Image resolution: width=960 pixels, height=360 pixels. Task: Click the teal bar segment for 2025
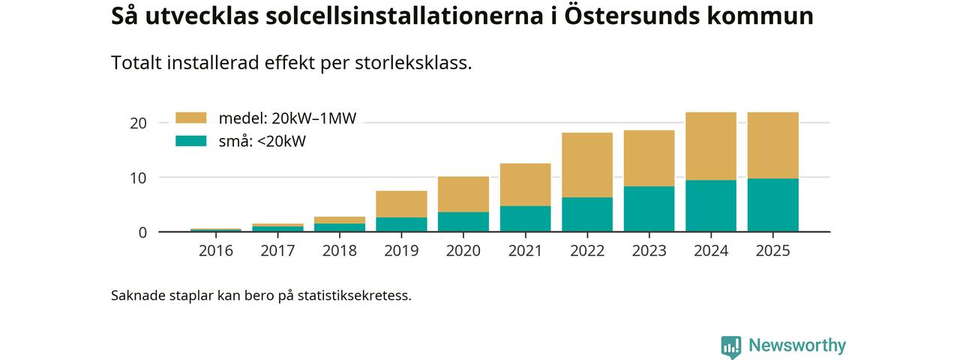pos(772,205)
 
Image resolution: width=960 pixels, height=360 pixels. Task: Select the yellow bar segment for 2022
pos(586,165)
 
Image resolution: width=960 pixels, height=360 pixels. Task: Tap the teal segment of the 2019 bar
pos(401,224)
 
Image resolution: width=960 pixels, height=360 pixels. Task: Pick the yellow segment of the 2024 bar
pos(710,146)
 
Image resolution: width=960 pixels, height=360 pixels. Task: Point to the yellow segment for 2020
pos(463,194)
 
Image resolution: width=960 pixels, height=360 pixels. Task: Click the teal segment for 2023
pos(649,208)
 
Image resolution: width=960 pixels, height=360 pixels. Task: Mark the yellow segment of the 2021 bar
pos(525,184)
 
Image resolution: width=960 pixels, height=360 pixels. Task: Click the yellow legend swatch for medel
pos(190,118)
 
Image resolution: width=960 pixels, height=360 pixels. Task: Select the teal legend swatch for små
pos(190,140)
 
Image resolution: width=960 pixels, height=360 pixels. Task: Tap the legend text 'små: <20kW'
pos(262,141)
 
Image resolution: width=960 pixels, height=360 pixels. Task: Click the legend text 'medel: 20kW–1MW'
pos(287,118)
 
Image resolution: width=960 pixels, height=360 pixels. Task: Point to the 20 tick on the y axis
pos(139,123)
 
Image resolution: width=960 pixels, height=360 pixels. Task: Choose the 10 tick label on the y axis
pos(139,178)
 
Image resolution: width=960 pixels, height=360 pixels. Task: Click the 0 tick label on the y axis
pos(142,232)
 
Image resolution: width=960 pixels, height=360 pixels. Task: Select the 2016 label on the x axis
pos(216,251)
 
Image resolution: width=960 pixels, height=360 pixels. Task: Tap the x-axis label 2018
pos(340,251)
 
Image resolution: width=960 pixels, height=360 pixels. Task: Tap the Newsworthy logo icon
pos(730,346)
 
